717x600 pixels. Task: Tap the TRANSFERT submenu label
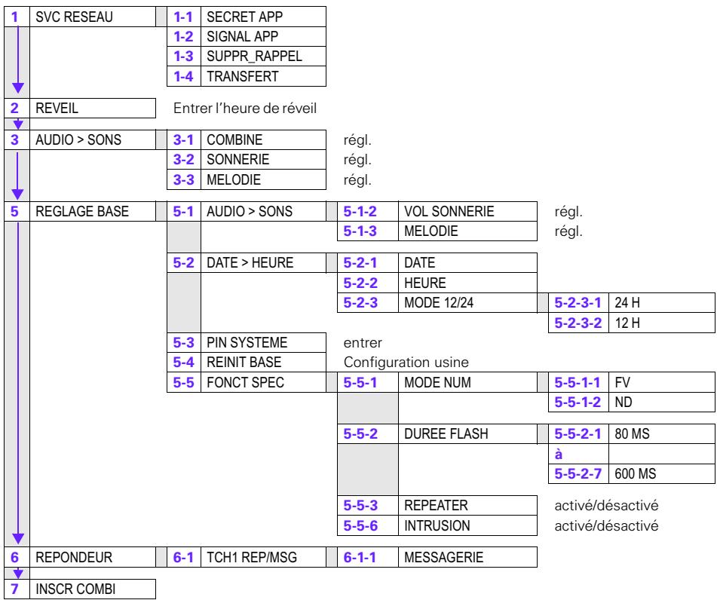pyautogui.click(x=261, y=74)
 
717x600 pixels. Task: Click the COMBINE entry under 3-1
pyautogui.click(x=261, y=141)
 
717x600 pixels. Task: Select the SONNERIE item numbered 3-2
pyautogui.click(x=261, y=161)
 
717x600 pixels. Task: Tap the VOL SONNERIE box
pyautogui.click(x=466, y=213)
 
